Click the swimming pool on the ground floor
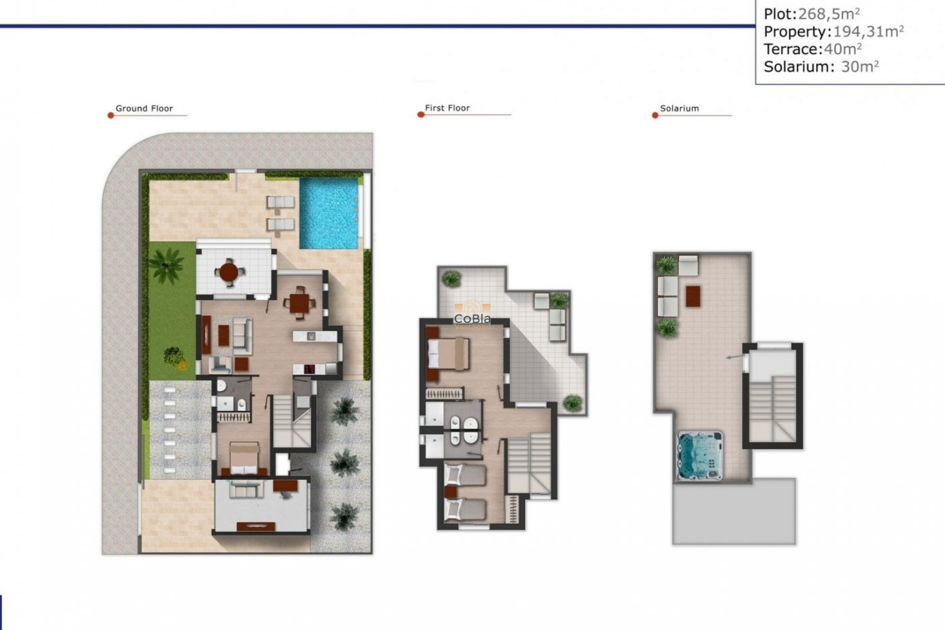pos(328,213)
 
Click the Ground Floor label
pos(144,108)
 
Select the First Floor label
pos(447,108)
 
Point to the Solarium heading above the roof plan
pos(679,108)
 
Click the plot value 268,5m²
pos(829,14)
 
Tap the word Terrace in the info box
pos(791,49)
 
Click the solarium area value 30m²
pos(860,66)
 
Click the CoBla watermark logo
pos(472,315)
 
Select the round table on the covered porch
pos(228,271)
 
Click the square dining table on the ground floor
pos(300,303)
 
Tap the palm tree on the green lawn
pos(166,264)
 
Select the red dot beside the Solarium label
pos(655,116)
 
